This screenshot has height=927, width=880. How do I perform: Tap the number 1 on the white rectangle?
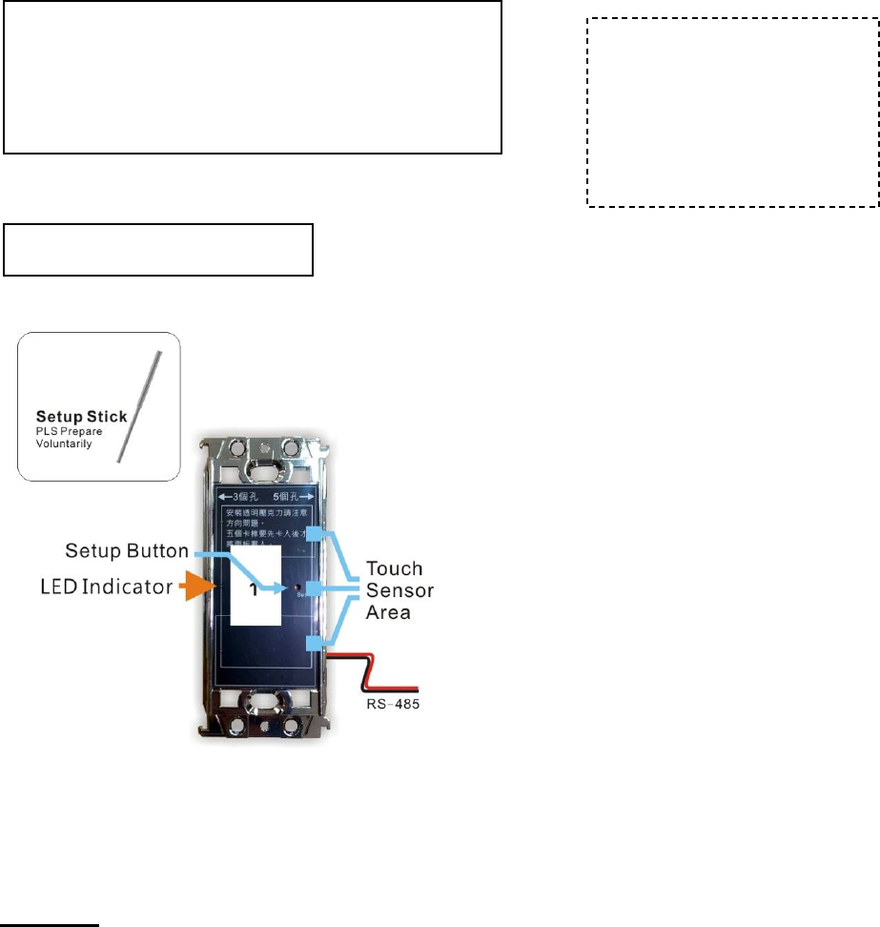click(x=254, y=590)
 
